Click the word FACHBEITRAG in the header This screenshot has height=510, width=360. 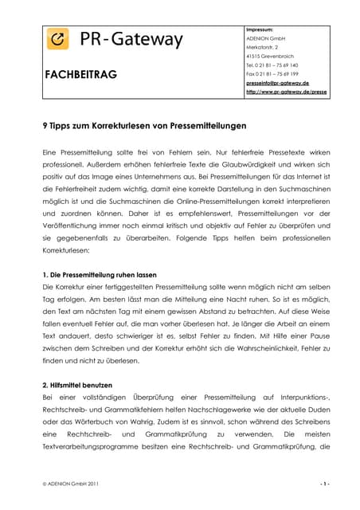tap(80, 74)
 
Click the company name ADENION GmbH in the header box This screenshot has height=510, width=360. tap(267, 38)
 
